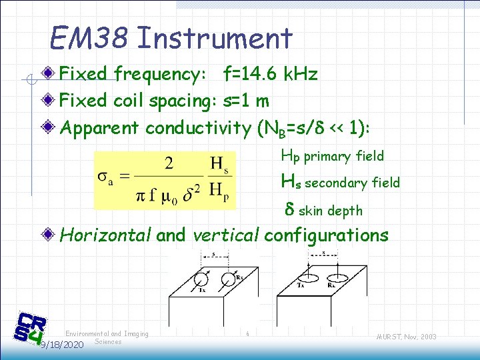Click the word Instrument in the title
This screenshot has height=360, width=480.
[x=214, y=39]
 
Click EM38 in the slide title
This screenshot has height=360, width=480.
[x=90, y=39]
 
